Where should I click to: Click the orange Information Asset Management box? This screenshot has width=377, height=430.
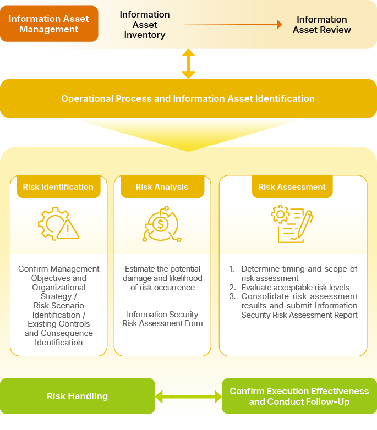[x=49, y=24]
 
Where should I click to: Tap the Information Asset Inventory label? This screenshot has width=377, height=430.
[x=145, y=25]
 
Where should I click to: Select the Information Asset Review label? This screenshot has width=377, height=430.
[x=321, y=25]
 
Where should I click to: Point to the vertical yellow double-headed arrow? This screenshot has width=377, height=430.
[x=189, y=64]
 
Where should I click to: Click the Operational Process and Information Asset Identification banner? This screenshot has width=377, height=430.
[x=188, y=99]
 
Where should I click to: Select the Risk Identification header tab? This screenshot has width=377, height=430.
[x=58, y=187]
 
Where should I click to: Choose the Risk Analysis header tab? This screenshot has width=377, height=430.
[x=162, y=187]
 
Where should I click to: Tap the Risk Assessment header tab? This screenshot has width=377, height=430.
[x=292, y=187]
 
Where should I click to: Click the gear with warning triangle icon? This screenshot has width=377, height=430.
[x=58, y=224]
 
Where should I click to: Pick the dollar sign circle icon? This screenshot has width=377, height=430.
[x=161, y=224]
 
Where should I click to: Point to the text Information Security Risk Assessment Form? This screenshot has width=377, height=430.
[x=162, y=319]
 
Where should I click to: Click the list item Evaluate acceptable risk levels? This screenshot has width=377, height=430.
[x=295, y=288]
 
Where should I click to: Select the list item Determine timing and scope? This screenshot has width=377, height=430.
[x=299, y=273]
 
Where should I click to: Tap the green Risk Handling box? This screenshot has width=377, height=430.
[x=78, y=396]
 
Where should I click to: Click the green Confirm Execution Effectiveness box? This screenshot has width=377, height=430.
[x=299, y=396]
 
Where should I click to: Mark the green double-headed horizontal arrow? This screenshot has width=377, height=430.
[x=188, y=396]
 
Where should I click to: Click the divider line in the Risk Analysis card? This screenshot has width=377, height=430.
[x=162, y=301]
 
